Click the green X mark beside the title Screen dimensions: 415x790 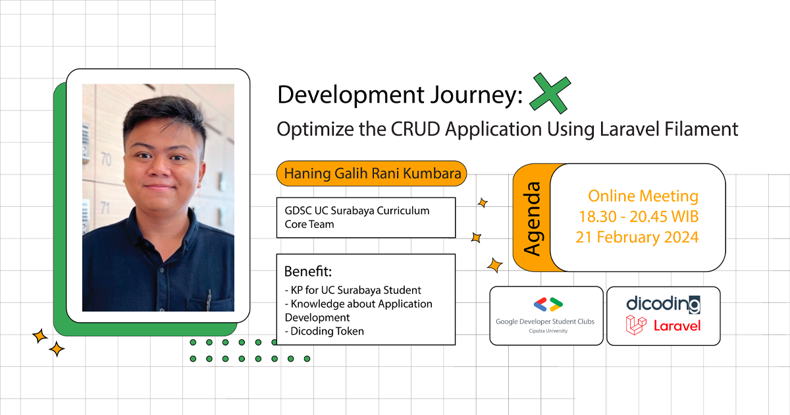[550, 94]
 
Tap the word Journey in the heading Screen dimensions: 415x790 [465, 96]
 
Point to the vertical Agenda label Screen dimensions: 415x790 [531, 218]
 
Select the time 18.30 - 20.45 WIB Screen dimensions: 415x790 [639, 217]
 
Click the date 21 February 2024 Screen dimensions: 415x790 [637, 237]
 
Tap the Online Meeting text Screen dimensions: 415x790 [643, 196]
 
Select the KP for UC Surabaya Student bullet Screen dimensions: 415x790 [353, 290]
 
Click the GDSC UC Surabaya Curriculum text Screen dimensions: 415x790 [357, 211]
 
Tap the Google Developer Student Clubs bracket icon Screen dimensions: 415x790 [547, 304]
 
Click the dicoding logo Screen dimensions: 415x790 [662, 304]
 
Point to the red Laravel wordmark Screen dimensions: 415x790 [677, 325]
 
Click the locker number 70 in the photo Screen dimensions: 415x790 [105, 159]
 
